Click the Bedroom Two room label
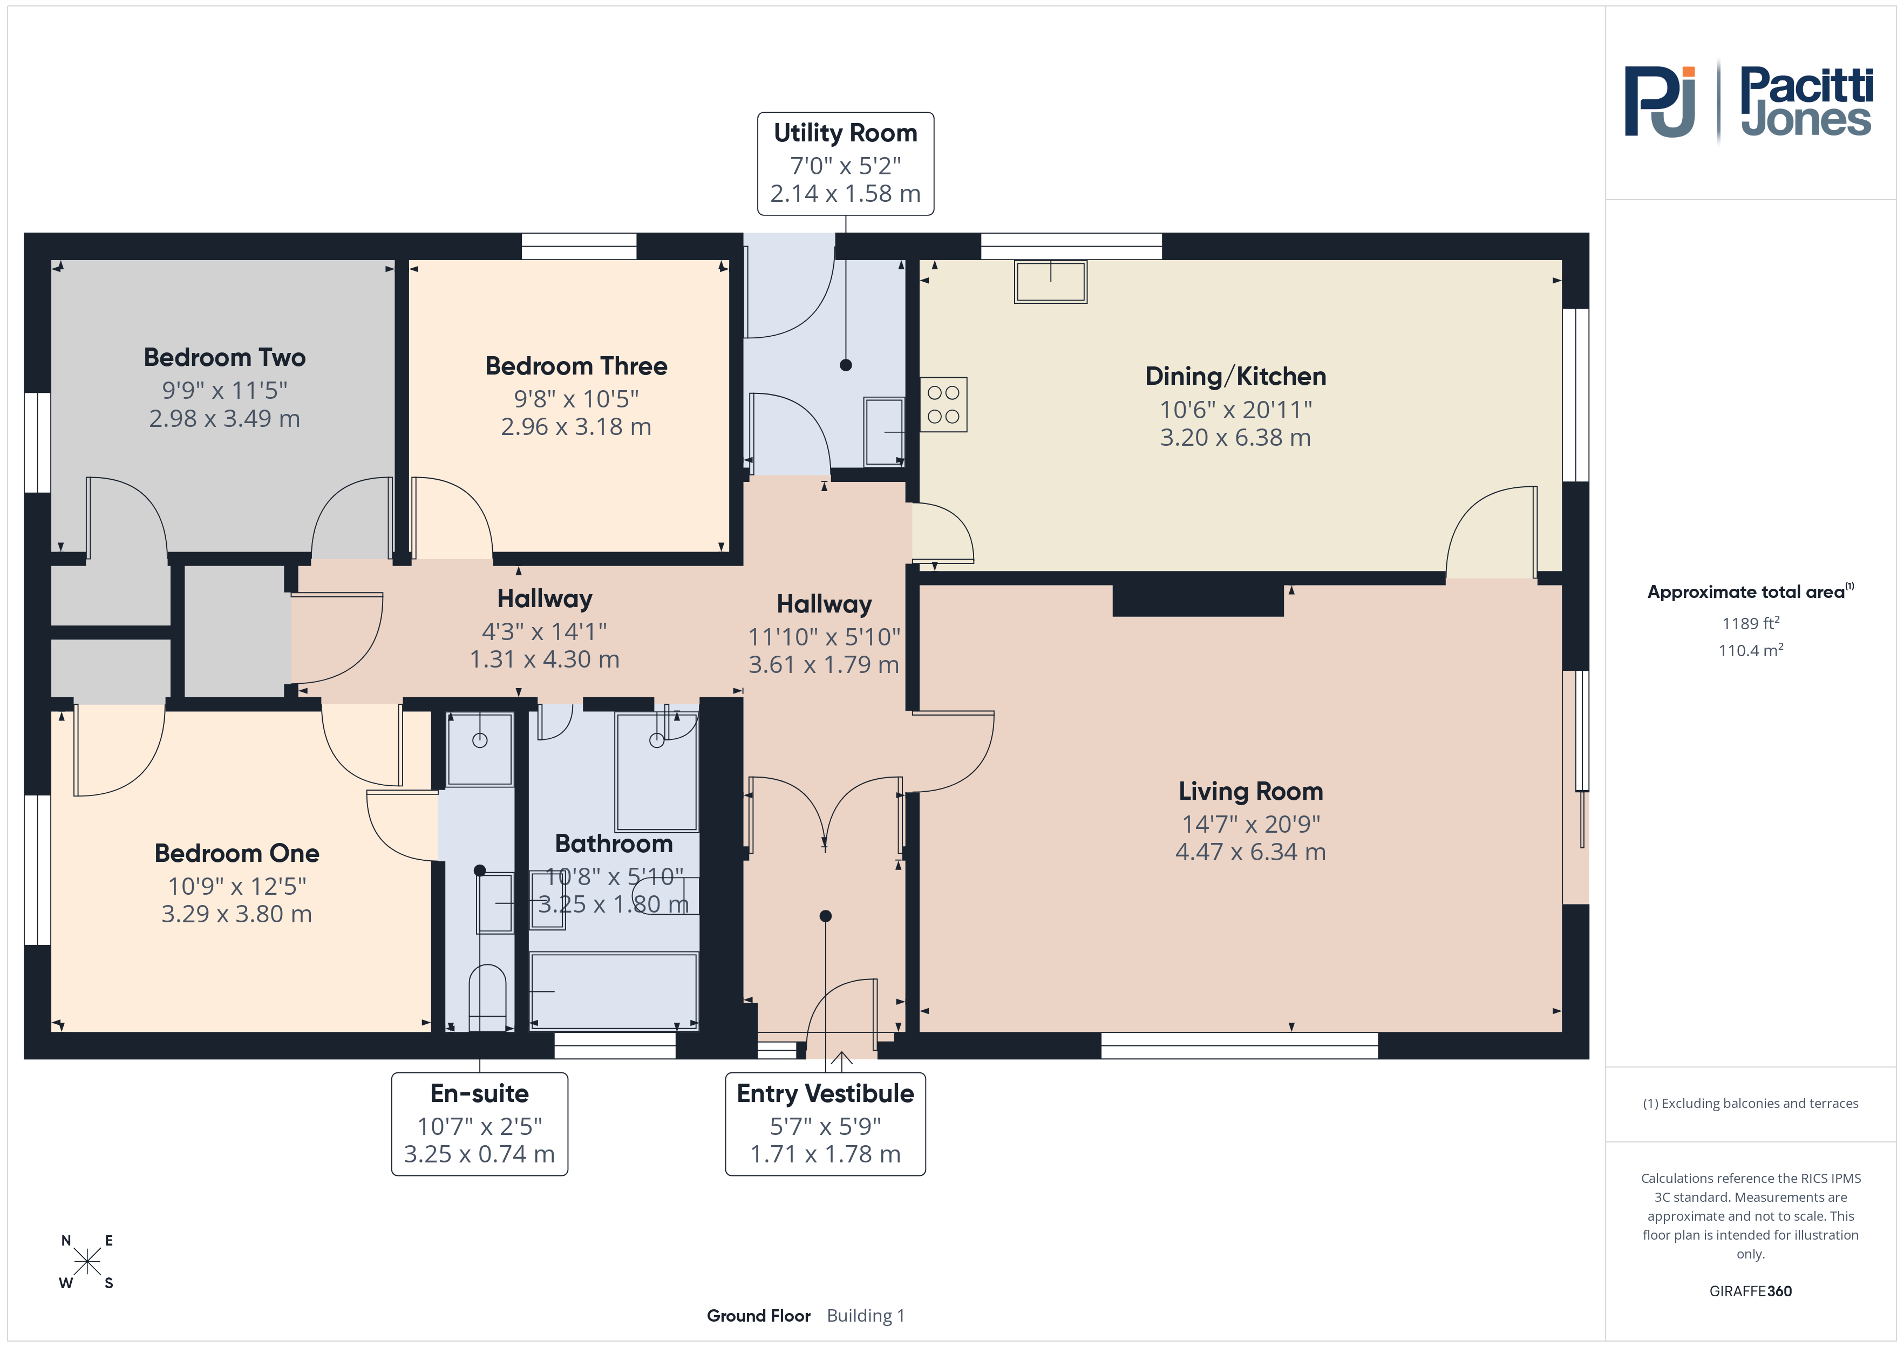(225, 357)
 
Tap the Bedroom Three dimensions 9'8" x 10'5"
(576, 399)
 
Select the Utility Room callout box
(846, 164)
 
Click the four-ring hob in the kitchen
(944, 405)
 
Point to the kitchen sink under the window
(1051, 282)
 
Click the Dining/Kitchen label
(1236, 377)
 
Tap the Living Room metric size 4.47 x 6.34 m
(1250, 852)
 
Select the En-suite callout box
(479, 1124)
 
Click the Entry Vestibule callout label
(825, 1093)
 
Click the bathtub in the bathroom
(614, 991)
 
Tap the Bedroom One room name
(237, 854)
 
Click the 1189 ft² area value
(1751, 623)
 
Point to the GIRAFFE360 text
(1751, 1291)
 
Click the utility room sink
(884, 431)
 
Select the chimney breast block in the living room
(1198, 600)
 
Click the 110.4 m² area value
(1751, 650)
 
